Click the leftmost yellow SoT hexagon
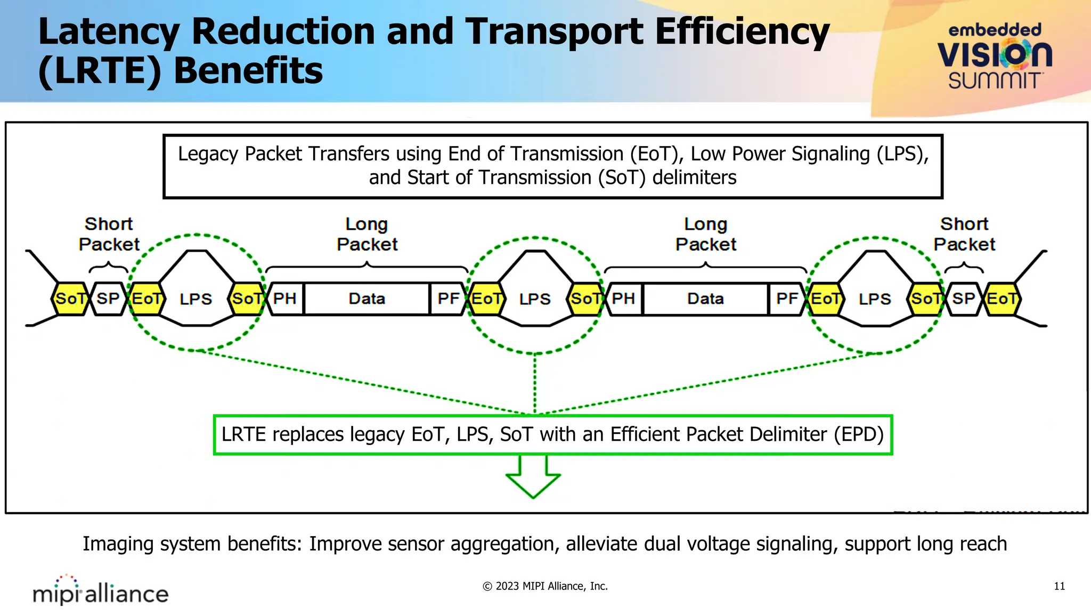70,299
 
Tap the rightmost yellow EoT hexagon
1002,299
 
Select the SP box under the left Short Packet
108,299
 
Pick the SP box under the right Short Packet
964,299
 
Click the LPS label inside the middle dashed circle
535,300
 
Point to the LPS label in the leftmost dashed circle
196,300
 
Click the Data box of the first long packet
367,299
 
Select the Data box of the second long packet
705,299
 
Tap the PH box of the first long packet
285,299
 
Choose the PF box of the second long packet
787,299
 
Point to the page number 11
1059,586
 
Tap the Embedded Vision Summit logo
994,56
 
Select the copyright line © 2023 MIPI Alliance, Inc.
545,586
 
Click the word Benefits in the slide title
248,71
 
